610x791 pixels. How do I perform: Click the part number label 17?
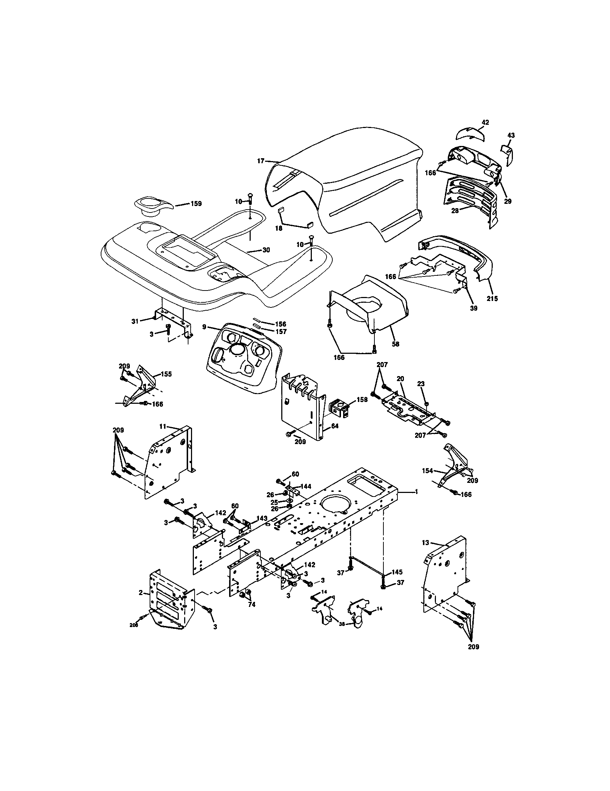261,161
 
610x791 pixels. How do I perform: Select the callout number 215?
492,299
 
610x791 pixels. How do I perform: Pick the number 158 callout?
361,400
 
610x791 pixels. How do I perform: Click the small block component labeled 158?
341,408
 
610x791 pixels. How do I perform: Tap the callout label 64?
334,426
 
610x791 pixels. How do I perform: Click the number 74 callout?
251,604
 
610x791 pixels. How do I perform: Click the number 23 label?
420,384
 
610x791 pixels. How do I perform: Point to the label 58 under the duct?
396,344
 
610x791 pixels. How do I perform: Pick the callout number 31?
135,321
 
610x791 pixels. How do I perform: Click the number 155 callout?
166,374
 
